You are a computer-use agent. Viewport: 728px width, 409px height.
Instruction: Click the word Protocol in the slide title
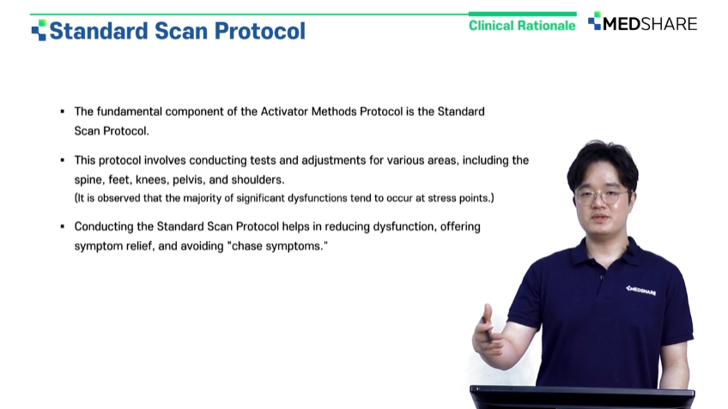(260, 31)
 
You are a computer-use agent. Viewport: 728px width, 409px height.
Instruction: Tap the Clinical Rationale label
(522, 26)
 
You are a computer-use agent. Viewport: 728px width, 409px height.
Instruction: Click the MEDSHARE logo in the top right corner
(642, 22)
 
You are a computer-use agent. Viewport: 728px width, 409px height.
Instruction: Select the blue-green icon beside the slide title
(39, 30)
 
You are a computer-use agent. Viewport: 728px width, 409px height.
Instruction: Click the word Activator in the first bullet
(284, 111)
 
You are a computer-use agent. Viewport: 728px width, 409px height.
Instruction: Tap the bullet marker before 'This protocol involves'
(62, 160)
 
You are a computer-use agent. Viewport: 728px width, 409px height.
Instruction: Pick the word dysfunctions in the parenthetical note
(317, 198)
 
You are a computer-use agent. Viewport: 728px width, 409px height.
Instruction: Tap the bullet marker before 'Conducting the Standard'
(62, 226)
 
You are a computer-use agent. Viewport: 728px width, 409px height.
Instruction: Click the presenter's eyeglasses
(602, 195)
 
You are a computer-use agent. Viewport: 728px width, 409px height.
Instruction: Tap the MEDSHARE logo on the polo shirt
(640, 291)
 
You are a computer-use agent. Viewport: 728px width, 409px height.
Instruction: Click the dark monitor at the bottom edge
(582, 397)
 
